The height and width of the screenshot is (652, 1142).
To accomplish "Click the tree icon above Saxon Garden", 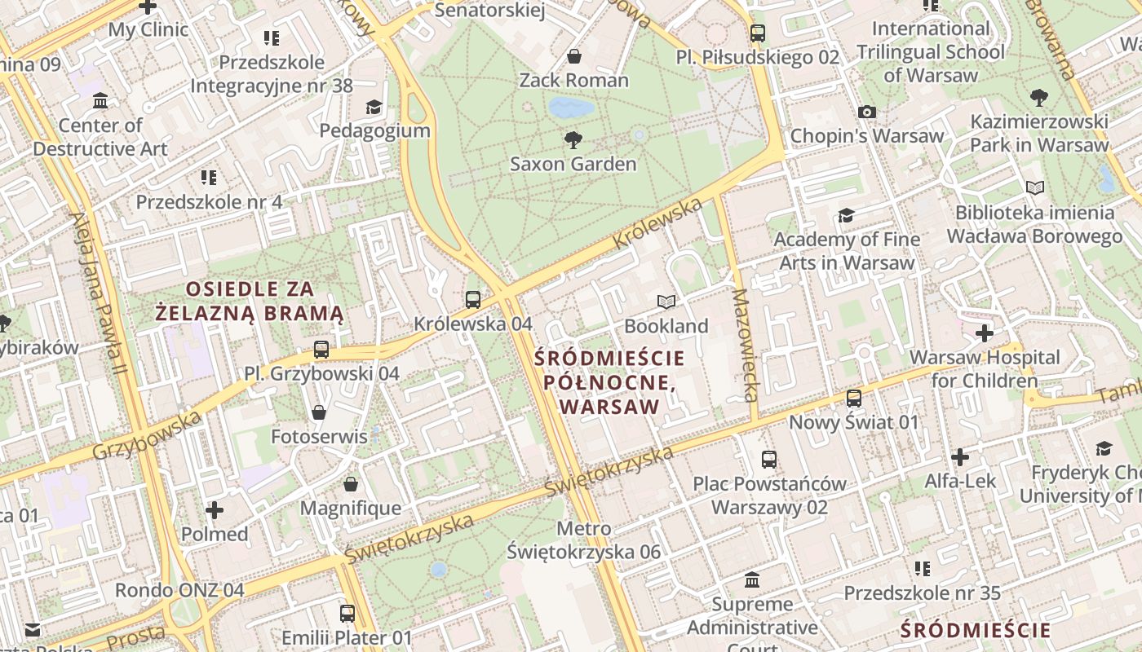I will (573, 139).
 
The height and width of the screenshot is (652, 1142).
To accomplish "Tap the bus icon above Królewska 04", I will (472, 299).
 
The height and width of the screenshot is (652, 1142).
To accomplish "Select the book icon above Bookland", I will (666, 302).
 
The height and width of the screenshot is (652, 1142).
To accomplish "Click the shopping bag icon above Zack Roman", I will (574, 56).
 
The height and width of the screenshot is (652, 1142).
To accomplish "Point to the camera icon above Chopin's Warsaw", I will (867, 112).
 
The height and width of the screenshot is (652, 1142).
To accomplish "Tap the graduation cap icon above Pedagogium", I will (374, 107).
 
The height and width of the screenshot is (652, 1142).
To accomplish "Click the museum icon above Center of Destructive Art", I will (100, 101).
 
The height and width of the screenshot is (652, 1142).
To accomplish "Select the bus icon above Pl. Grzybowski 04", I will (321, 350).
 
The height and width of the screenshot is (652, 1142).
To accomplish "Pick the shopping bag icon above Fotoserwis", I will (319, 412).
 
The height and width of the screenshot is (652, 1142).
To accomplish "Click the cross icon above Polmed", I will (215, 510).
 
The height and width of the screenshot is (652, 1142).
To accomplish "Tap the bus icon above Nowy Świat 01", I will (853, 399).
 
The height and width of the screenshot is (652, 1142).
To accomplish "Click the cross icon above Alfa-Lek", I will (960, 457).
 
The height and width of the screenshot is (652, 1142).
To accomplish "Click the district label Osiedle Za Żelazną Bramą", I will (250, 301).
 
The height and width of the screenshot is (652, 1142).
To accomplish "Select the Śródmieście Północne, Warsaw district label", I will (610, 381).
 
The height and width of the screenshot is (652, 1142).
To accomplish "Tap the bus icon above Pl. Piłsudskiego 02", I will (758, 33).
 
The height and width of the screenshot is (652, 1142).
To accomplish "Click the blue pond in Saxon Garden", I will (570, 108).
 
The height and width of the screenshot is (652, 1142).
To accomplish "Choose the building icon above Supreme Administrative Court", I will (752, 580).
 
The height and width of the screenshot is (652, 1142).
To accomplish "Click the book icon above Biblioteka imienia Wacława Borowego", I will (1035, 188).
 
